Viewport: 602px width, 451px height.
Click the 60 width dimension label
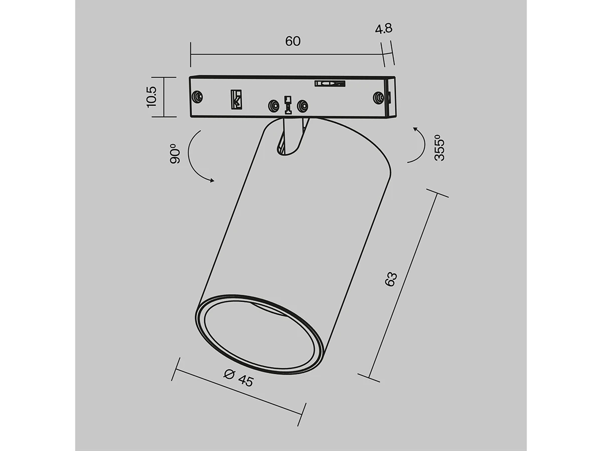point(293,42)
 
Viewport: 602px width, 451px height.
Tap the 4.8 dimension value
point(383,29)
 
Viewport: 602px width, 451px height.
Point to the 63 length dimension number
point(391,279)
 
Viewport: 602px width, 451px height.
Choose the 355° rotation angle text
point(439,147)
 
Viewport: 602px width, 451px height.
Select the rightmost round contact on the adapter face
point(378,96)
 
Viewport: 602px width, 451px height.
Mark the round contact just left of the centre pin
point(273,106)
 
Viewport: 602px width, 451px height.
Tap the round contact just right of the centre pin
point(302,106)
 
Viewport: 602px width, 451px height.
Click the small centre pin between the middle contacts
point(288,103)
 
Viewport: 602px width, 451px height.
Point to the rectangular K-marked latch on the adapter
point(236,99)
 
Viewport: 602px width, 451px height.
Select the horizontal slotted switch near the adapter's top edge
point(330,83)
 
